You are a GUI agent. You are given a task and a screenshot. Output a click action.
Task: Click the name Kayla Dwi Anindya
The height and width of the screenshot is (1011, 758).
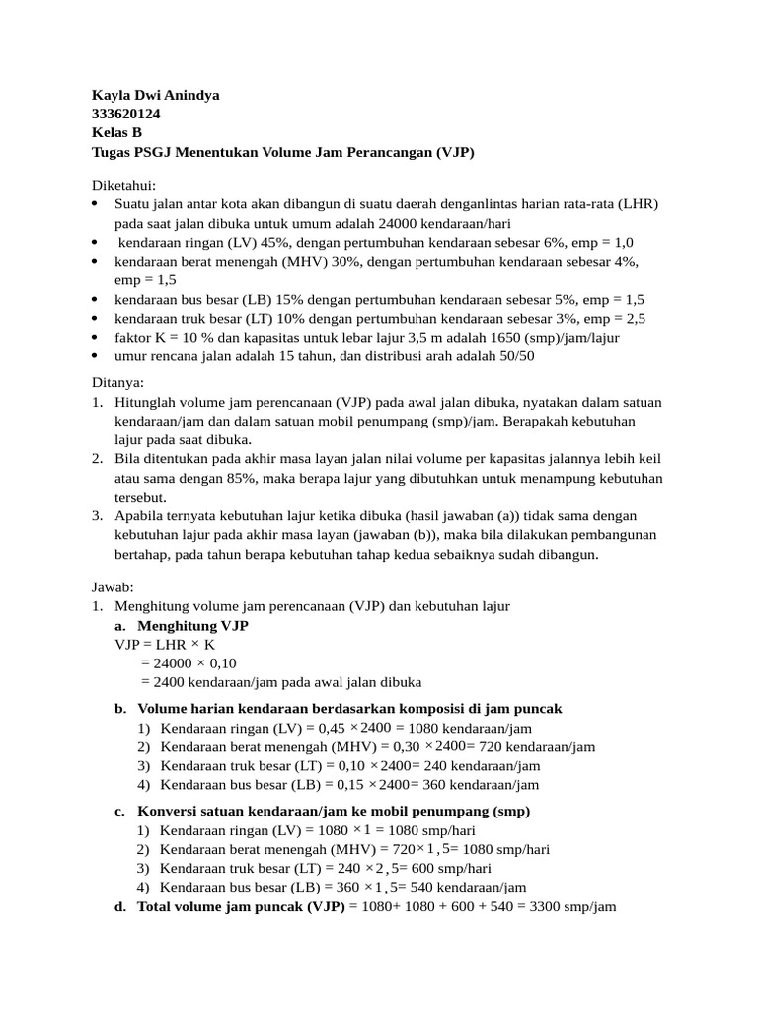pos(155,95)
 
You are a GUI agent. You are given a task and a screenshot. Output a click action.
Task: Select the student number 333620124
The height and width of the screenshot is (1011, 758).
pos(125,115)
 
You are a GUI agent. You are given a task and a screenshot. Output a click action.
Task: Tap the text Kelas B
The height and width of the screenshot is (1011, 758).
pos(116,133)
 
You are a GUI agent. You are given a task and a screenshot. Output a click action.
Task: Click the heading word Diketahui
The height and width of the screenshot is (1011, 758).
pos(123,185)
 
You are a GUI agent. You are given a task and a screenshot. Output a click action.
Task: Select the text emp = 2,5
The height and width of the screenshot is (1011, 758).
pos(615,318)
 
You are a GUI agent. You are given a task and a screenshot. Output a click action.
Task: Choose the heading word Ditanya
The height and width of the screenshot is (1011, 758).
pos(117,382)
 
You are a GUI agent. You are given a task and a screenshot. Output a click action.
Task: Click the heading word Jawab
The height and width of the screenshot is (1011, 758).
pos(112,586)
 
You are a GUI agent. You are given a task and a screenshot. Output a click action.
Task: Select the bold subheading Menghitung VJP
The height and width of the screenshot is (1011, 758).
pos(192,626)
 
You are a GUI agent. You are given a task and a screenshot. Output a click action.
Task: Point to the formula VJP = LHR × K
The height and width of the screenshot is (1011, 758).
pos(165,644)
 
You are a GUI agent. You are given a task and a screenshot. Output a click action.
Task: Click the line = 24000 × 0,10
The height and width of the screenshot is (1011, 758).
pos(189,662)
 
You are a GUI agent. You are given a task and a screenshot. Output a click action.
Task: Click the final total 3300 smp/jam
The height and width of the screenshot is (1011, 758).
pos(571,905)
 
